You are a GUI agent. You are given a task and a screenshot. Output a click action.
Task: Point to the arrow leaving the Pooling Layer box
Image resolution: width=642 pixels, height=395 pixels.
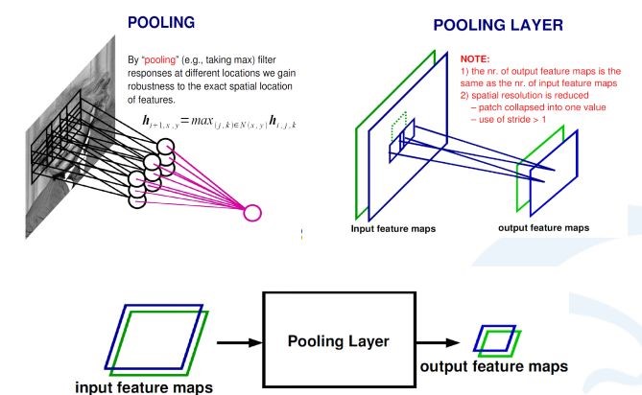pyautogui.click(x=440, y=340)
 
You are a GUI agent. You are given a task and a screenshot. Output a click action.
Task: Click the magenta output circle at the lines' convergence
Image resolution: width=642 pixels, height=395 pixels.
pyautogui.click(x=253, y=212)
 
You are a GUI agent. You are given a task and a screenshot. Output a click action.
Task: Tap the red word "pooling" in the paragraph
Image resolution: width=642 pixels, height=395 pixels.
pyautogui.click(x=163, y=59)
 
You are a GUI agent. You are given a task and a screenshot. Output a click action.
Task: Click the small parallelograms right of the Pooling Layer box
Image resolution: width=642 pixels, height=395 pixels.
pyautogui.click(x=498, y=338)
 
